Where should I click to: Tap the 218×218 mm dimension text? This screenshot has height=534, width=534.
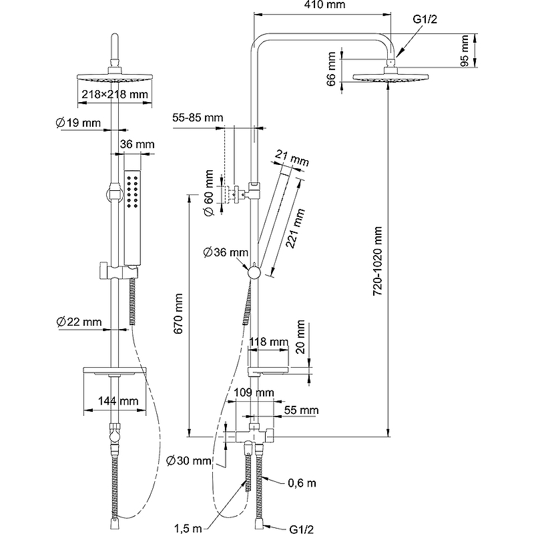(114, 94)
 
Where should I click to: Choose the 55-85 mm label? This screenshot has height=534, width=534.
(197, 117)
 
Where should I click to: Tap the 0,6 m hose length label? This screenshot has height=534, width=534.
(302, 483)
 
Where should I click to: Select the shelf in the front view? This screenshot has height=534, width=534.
(114, 370)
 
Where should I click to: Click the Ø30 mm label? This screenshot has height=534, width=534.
(189, 461)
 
